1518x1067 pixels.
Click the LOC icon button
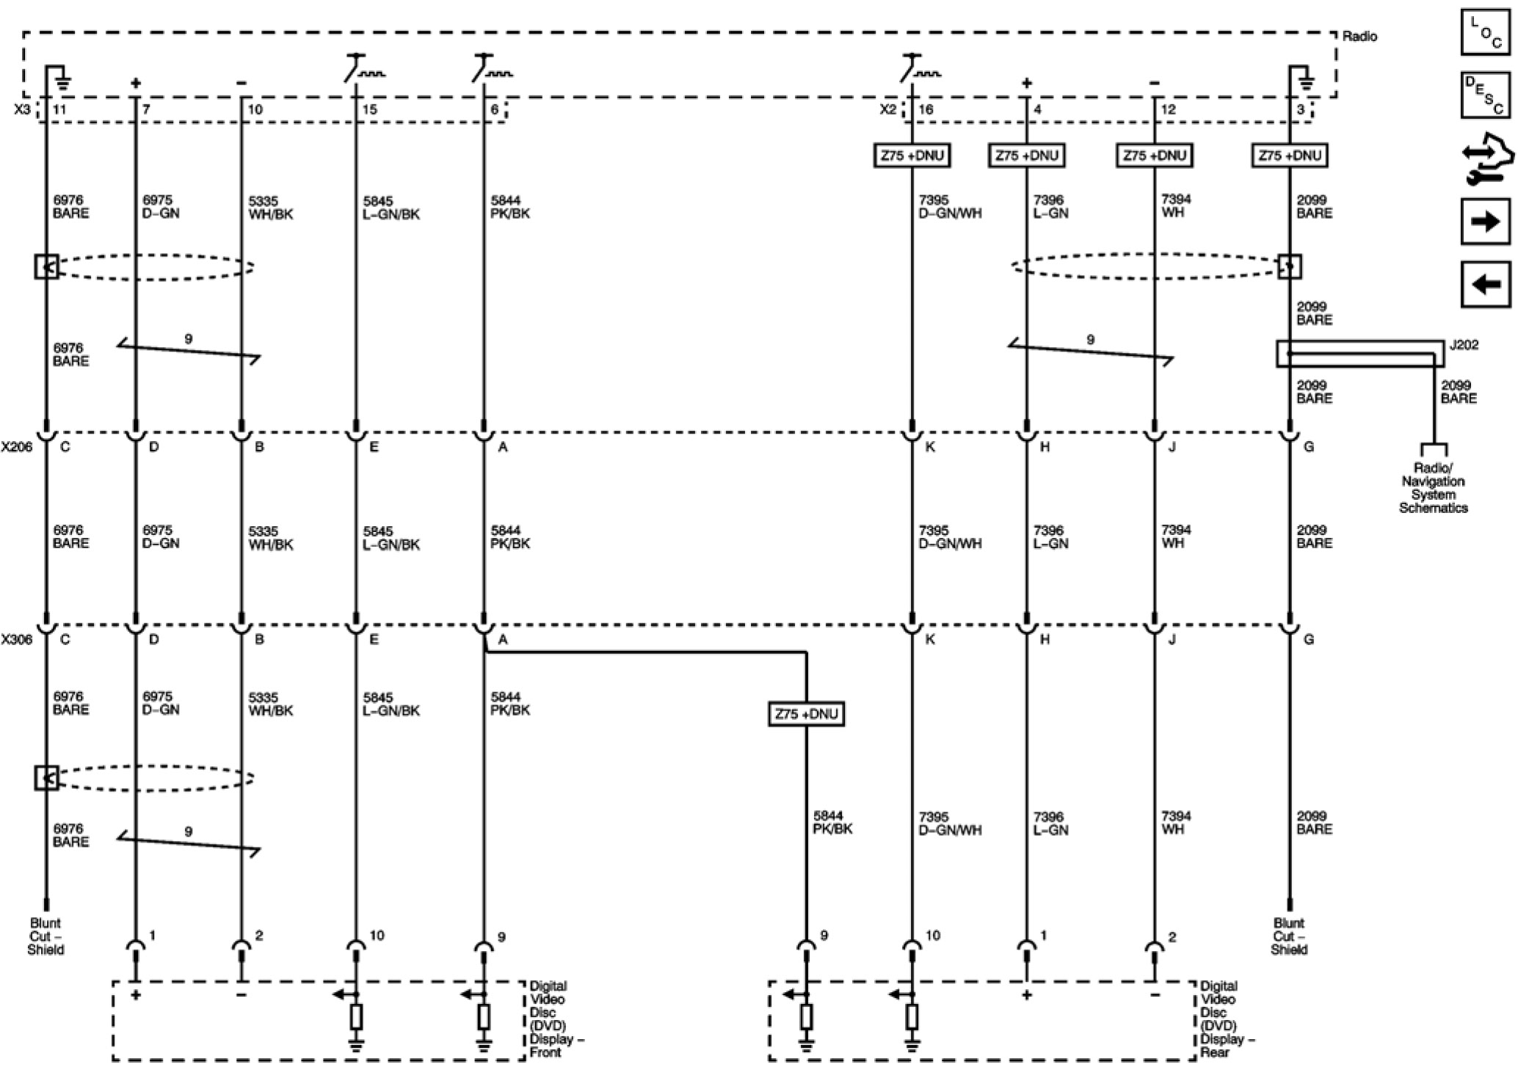(1485, 32)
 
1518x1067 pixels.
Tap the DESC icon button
(1485, 95)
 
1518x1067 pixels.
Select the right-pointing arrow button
(1485, 220)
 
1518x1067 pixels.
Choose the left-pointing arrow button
(1485, 283)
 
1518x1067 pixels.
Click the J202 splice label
(1464, 345)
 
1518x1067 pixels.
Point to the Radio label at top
(1359, 36)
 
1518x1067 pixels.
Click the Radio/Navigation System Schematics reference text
(1433, 488)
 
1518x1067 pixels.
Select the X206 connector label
(16, 447)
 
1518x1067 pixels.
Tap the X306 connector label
(16, 640)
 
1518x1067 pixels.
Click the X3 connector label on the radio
(23, 109)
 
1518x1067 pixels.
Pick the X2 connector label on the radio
(887, 109)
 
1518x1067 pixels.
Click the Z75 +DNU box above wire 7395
(912, 156)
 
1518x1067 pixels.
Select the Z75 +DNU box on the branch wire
(806, 714)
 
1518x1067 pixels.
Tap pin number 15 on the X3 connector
(370, 109)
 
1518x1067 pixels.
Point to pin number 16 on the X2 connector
(926, 109)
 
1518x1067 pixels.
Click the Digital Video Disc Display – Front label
(556, 1019)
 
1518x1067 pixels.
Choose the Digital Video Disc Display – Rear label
(1227, 1019)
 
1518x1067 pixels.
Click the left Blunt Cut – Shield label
(46, 936)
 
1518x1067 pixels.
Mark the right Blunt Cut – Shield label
(1289, 936)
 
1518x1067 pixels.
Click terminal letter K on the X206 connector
(930, 447)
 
